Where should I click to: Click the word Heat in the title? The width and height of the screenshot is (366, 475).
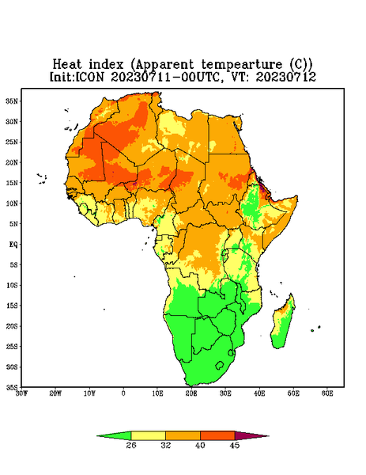pos(67,65)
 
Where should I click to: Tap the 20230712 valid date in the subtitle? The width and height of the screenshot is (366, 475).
pos(286,77)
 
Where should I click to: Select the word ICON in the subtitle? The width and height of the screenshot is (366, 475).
pos(89,77)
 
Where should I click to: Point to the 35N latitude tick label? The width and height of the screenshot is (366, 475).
pos(12,101)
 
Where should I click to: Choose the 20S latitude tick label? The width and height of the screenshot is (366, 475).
pos(12,326)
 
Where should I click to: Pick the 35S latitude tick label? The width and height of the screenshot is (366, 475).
pos(12,387)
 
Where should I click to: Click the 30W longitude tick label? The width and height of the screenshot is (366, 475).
pos(22,393)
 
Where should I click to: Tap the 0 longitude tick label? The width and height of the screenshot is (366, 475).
pos(123,393)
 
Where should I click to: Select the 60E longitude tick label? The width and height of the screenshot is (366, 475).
pos(327,393)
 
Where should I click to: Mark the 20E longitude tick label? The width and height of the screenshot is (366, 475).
pos(191,393)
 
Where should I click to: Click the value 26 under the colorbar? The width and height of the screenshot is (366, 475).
pos(131,445)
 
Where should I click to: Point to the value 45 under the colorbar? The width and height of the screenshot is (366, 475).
pos(235,445)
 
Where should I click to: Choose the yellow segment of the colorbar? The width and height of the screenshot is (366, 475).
pos(148,436)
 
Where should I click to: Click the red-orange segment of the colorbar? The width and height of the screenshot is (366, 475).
pos(217,436)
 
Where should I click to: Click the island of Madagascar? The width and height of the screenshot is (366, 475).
pos(283,323)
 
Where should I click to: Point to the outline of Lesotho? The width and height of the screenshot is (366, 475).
pos(220,365)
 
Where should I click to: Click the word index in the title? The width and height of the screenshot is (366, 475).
pos(106,65)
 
